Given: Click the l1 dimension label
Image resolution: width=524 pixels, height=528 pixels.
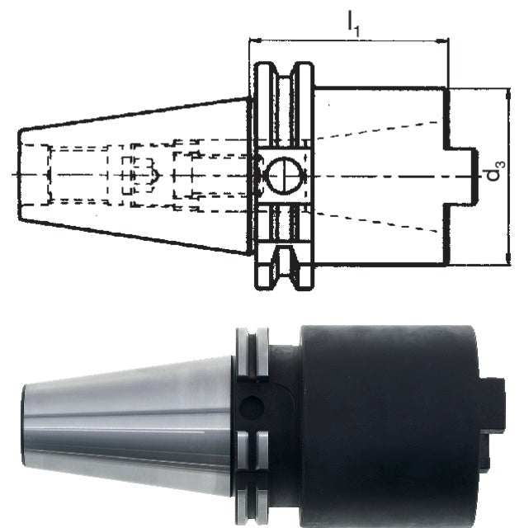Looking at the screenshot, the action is click(x=353, y=23).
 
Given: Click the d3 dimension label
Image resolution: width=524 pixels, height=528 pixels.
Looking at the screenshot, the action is click(x=496, y=171).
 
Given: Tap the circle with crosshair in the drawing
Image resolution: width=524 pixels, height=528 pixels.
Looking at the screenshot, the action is click(x=285, y=176).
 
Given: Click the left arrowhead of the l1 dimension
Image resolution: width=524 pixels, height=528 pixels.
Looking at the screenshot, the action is click(x=255, y=40).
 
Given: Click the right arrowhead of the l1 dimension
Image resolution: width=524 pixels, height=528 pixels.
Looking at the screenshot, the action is click(x=442, y=41).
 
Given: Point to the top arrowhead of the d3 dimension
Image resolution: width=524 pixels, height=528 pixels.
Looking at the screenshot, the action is click(x=508, y=95).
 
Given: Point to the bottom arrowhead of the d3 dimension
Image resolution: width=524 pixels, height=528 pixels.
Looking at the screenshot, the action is click(x=508, y=258).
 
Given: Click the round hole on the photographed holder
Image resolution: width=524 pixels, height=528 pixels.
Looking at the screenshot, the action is click(x=251, y=407).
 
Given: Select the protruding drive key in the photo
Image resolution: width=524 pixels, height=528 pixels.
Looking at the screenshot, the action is click(x=492, y=424).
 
